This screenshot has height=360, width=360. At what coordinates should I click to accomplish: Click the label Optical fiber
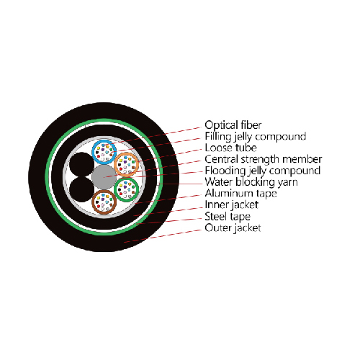tap(233, 125)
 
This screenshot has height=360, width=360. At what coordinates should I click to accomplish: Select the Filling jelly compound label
tap(256, 137)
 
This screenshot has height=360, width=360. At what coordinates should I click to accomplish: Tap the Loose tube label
tap(230, 148)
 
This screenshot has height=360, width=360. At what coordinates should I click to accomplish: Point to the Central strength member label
tap(264, 159)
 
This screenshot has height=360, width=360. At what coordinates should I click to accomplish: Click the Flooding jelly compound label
tap(263, 171)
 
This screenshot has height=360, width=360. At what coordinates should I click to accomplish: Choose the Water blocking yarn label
tap(251, 182)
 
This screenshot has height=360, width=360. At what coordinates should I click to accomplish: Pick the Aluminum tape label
tap(240, 194)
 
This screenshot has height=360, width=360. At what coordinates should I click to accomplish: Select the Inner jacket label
tap(232, 205)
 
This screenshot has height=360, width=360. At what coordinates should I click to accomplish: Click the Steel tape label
tap(228, 217)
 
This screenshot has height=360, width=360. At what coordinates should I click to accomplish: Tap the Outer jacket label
tap(233, 228)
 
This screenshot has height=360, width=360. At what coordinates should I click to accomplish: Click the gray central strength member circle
tap(104, 177)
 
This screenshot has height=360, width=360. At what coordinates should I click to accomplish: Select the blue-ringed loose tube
tap(104, 152)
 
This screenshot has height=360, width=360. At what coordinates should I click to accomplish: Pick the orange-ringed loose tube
tap(126, 164)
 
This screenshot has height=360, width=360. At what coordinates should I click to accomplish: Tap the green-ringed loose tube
tap(126, 189)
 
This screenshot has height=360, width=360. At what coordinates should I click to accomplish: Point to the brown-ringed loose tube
tap(104, 202)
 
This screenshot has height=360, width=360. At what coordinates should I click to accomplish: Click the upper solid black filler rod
tap(81, 165)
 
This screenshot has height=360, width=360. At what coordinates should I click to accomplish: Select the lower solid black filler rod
tap(81, 189)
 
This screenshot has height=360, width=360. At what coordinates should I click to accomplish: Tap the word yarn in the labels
tap(288, 183)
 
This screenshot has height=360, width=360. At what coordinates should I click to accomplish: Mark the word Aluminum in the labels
tap(229, 193)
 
